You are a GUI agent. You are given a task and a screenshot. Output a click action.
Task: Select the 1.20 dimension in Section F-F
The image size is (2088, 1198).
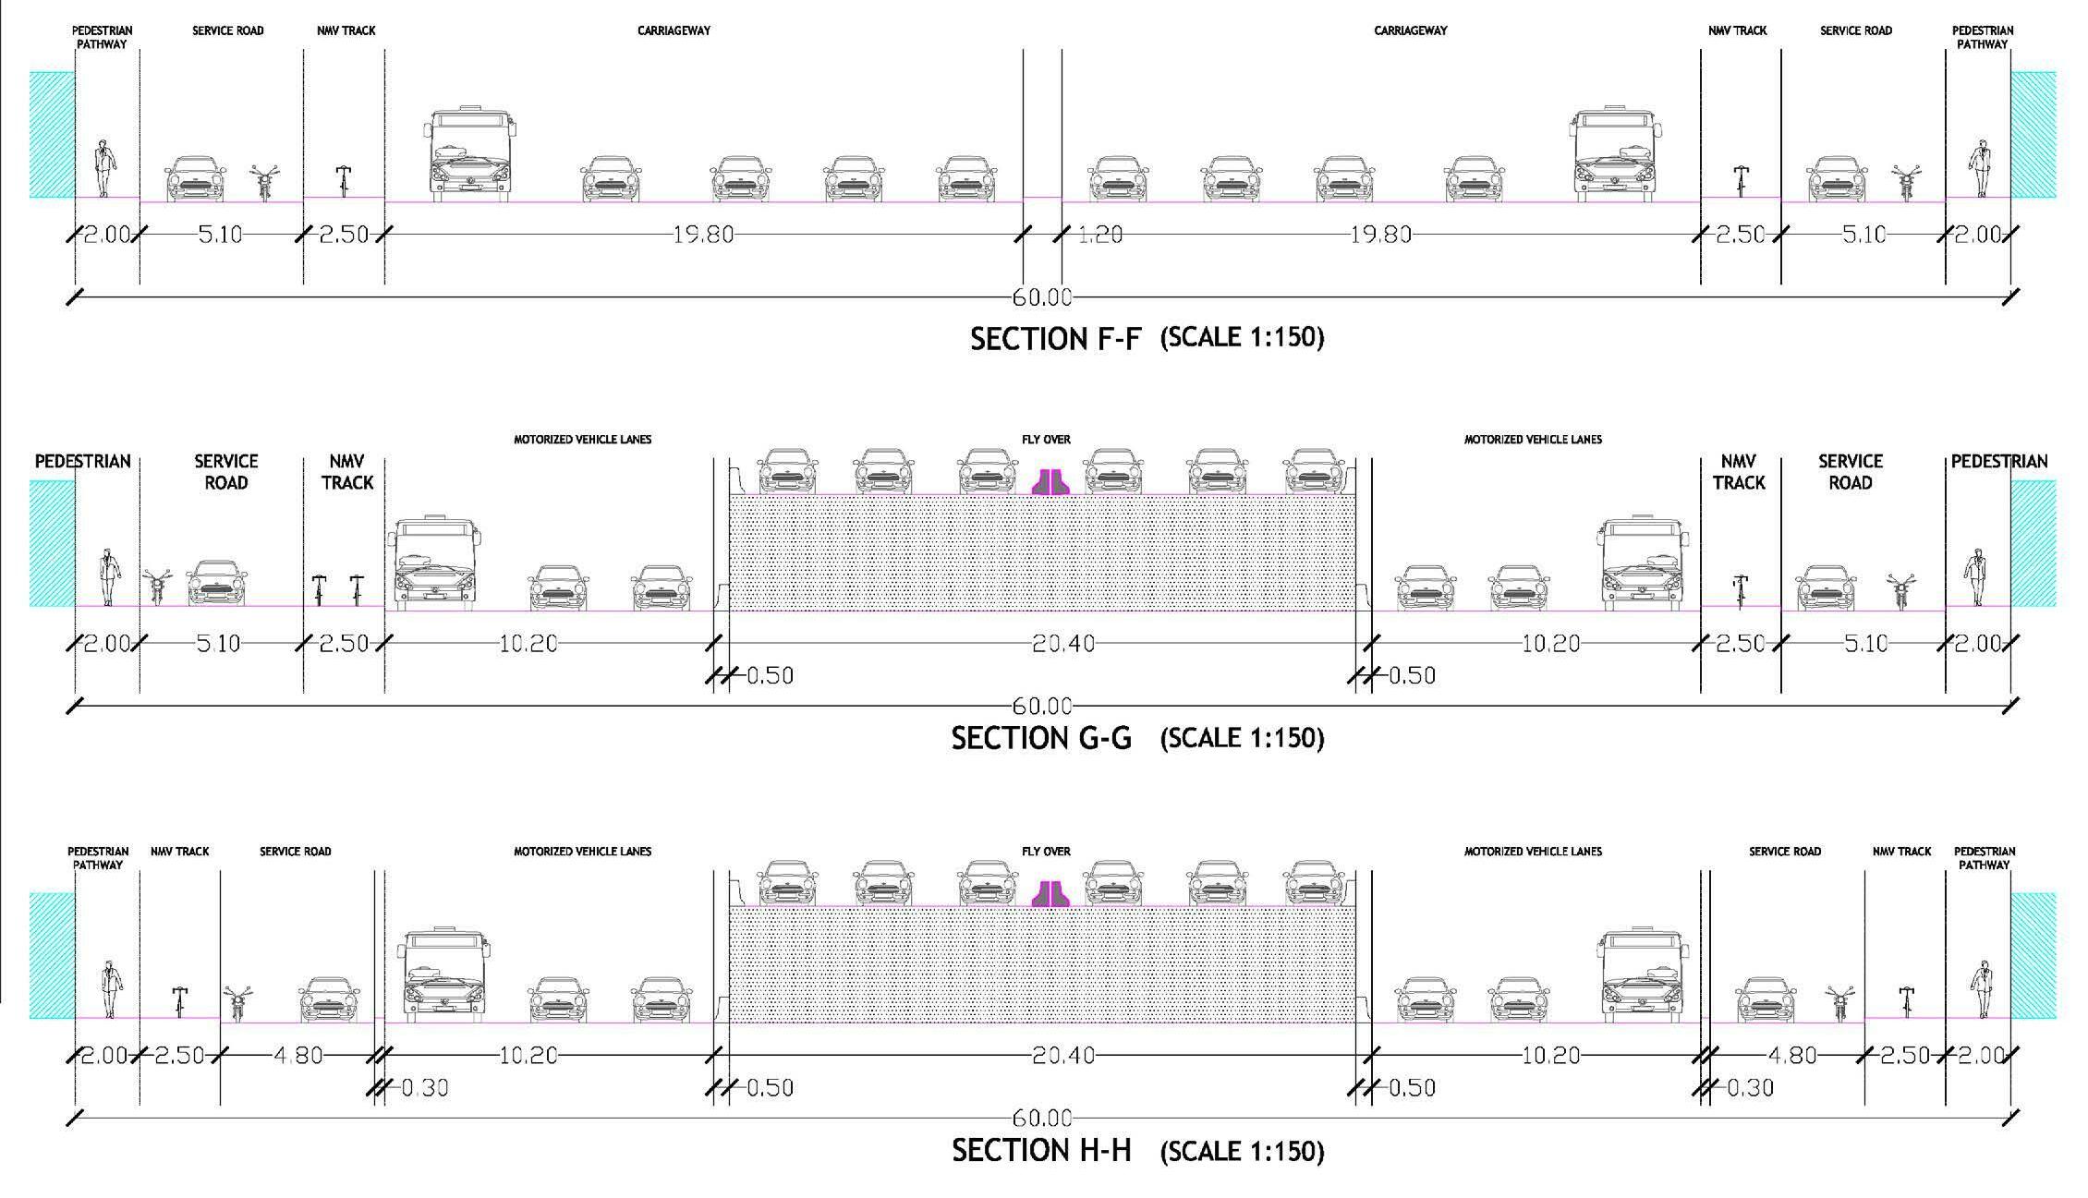[1099, 235]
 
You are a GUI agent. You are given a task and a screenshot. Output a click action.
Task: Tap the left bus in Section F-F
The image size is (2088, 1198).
[469, 155]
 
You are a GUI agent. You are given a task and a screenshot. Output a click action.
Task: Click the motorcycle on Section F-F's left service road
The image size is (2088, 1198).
[264, 182]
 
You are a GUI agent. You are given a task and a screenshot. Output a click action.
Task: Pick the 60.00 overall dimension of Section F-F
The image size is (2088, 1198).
[1042, 297]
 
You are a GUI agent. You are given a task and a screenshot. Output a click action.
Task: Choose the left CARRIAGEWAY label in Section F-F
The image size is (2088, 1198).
[674, 30]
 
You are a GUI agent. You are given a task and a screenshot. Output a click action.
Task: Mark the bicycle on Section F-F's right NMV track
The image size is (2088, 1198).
[1741, 180]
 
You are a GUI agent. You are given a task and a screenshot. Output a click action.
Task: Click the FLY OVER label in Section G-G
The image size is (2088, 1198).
[1046, 440]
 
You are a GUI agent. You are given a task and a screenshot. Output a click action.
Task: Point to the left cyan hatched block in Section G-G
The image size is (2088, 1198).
[52, 543]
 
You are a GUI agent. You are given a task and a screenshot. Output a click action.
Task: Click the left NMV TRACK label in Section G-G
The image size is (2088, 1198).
[346, 471]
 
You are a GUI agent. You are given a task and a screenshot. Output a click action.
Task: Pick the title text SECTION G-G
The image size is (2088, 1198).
[1041, 738]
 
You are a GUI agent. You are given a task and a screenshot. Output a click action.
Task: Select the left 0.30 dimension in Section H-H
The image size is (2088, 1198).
[424, 1088]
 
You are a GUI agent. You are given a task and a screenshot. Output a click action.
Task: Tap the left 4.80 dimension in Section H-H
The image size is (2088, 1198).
[297, 1055]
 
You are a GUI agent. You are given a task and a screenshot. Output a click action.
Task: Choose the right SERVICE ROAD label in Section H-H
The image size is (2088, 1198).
[1784, 851]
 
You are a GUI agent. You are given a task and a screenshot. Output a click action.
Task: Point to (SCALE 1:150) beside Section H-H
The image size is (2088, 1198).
[1242, 1151]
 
